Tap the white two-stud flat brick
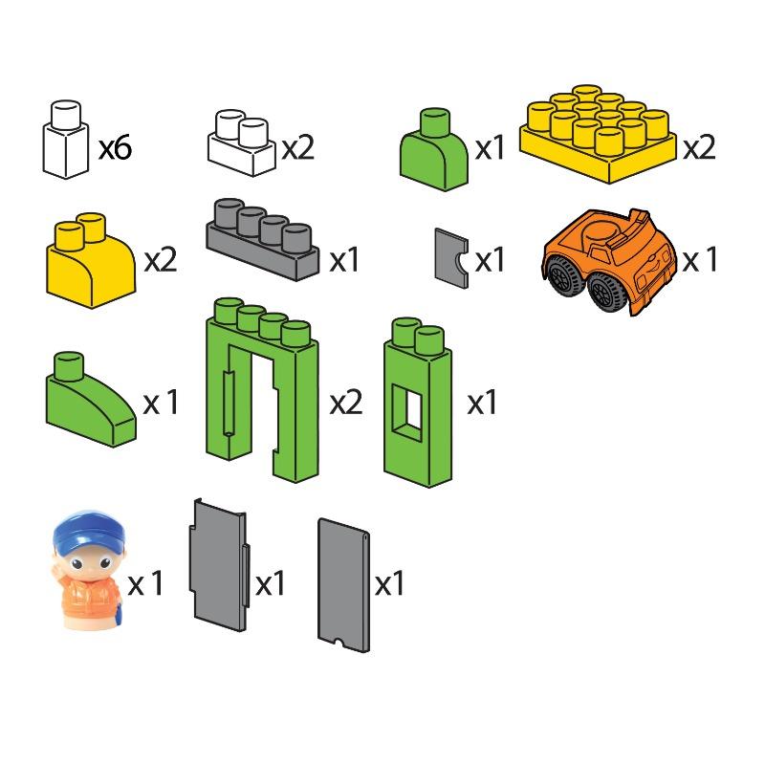tap(242, 145)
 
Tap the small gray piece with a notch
tap(450, 256)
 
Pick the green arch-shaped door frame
tap(262, 392)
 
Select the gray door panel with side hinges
tap(220, 569)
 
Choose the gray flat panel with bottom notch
tap(344, 582)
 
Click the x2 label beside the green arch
tap(346, 403)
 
